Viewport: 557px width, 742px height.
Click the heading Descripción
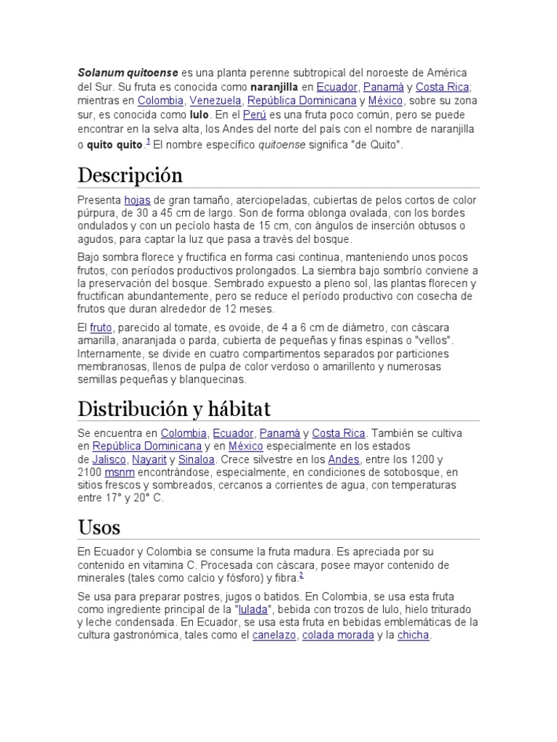(x=131, y=176)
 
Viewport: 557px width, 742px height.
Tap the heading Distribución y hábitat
(x=174, y=409)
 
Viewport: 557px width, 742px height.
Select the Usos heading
(x=99, y=527)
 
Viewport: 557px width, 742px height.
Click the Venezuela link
(x=216, y=101)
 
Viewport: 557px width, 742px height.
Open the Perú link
(x=255, y=115)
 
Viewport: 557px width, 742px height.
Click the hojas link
(x=136, y=200)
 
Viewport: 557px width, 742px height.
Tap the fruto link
(x=102, y=328)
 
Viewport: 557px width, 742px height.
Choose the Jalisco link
(x=110, y=459)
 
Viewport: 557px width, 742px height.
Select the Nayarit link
(x=148, y=459)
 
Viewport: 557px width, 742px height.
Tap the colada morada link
(x=338, y=635)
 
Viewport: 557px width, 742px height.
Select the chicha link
(x=413, y=635)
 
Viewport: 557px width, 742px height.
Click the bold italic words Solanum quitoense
(x=127, y=74)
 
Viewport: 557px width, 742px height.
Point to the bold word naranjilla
(x=276, y=88)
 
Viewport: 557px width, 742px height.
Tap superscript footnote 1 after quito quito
(x=148, y=141)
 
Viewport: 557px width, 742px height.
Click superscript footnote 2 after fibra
(x=301, y=575)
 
